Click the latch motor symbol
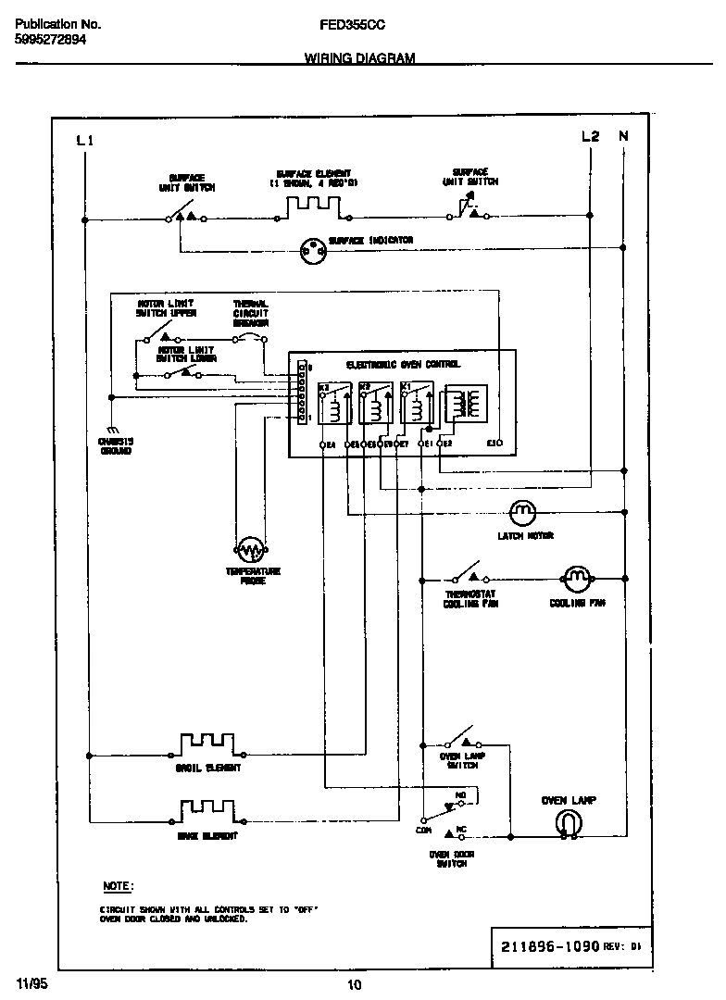(523, 511)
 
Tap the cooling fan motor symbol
(576, 580)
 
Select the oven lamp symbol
(568, 822)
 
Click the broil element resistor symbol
(208, 744)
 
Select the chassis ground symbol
(116, 430)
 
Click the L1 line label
(84, 140)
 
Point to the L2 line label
(590, 136)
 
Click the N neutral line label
(623, 136)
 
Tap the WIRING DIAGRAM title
(359, 57)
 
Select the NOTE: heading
(118, 886)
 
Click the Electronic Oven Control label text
(403, 365)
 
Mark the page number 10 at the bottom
(354, 984)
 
